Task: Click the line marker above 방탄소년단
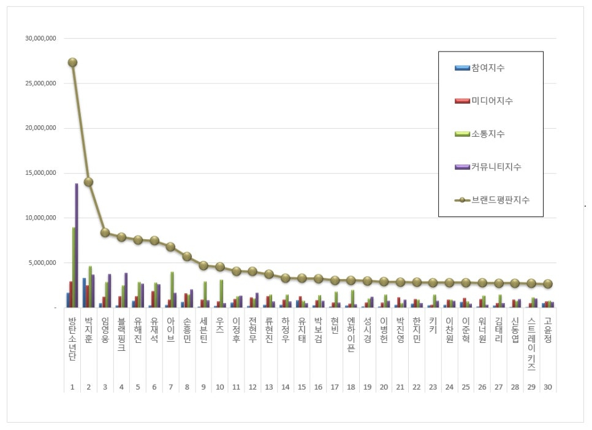coord(72,62)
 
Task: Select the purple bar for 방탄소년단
coord(77,245)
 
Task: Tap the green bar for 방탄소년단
coord(74,267)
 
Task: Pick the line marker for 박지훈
coord(89,182)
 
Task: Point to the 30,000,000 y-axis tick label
coord(41,38)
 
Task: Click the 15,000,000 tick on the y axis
coord(41,173)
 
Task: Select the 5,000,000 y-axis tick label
coord(43,263)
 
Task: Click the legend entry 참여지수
coord(488,67)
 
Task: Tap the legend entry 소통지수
coord(488,134)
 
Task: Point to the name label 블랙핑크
coord(121,334)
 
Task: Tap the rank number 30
coord(548,387)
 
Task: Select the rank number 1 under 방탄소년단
coord(72,387)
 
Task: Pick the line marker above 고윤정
coord(548,284)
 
